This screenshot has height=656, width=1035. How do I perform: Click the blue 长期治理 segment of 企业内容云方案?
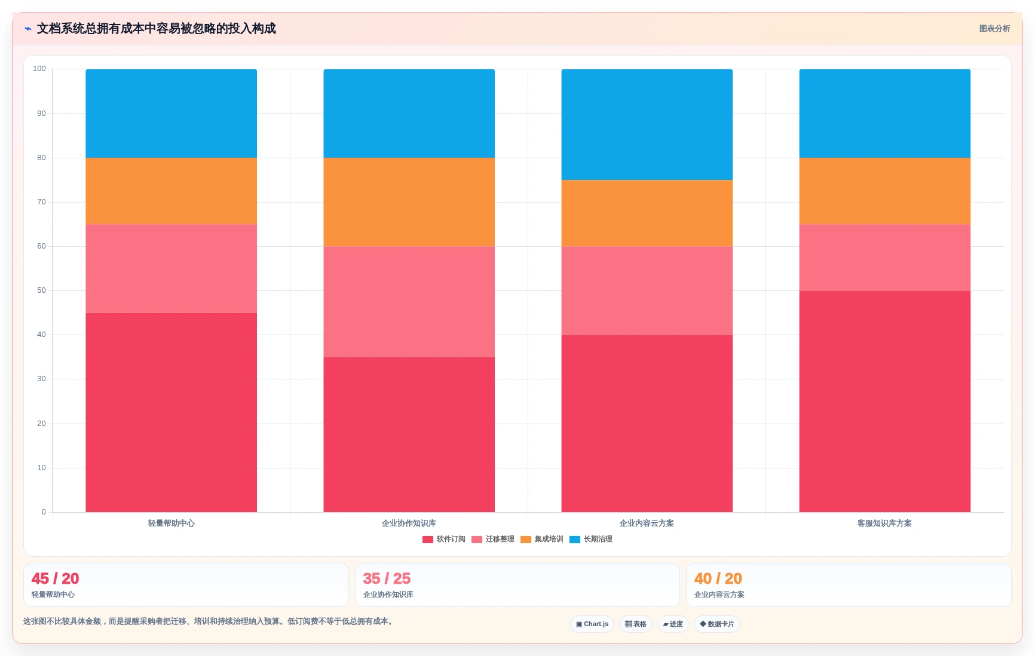(647, 124)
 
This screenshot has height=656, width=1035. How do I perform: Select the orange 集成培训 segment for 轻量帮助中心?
(172, 191)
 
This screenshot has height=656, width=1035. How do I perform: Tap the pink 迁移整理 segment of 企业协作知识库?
(409, 302)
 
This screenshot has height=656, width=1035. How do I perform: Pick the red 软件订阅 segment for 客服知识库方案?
(885, 401)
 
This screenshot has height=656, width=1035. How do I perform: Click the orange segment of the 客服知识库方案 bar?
(885, 191)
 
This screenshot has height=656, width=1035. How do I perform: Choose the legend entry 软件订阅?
(444, 539)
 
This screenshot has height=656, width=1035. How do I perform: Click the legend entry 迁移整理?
(493, 539)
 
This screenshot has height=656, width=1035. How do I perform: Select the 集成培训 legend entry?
(542, 539)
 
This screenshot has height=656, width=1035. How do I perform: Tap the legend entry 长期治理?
(591, 539)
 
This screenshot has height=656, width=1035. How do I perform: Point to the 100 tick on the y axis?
(39, 69)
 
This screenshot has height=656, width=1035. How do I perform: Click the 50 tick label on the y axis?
(41, 290)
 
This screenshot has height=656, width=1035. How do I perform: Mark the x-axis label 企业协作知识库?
(409, 523)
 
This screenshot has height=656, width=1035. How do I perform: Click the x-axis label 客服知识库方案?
(884, 523)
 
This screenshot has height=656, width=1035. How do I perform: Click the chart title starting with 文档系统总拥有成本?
(157, 29)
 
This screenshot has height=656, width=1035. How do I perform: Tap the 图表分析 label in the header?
(994, 29)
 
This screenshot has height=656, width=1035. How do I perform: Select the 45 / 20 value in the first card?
(55, 578)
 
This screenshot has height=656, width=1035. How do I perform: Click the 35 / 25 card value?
(387, 578)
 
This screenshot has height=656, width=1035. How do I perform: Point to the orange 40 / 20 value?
(718, 578)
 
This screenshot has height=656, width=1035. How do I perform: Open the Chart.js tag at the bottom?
(592, 624)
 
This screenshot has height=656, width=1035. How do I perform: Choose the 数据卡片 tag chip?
(717, 624)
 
